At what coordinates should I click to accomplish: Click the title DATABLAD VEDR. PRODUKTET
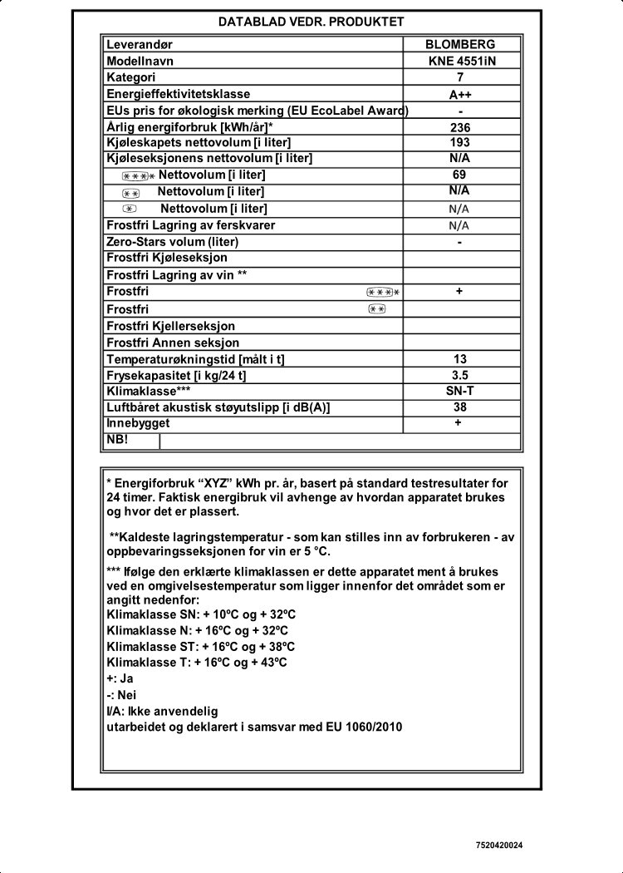click(311, 22)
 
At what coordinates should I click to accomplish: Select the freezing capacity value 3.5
click(459, 375)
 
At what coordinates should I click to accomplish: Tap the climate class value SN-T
click(459, 391)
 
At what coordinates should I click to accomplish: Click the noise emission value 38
click(459, 407)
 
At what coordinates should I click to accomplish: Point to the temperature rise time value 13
click(459, 359)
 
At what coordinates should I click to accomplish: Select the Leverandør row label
click(140, 45)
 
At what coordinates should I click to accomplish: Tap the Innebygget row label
click(138, 423)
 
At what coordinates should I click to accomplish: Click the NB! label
click(117, 439)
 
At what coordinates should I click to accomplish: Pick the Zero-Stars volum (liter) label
click(173, 242)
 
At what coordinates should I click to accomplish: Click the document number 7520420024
click(499, 846)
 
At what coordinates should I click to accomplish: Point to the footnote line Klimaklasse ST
click(201, 646)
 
